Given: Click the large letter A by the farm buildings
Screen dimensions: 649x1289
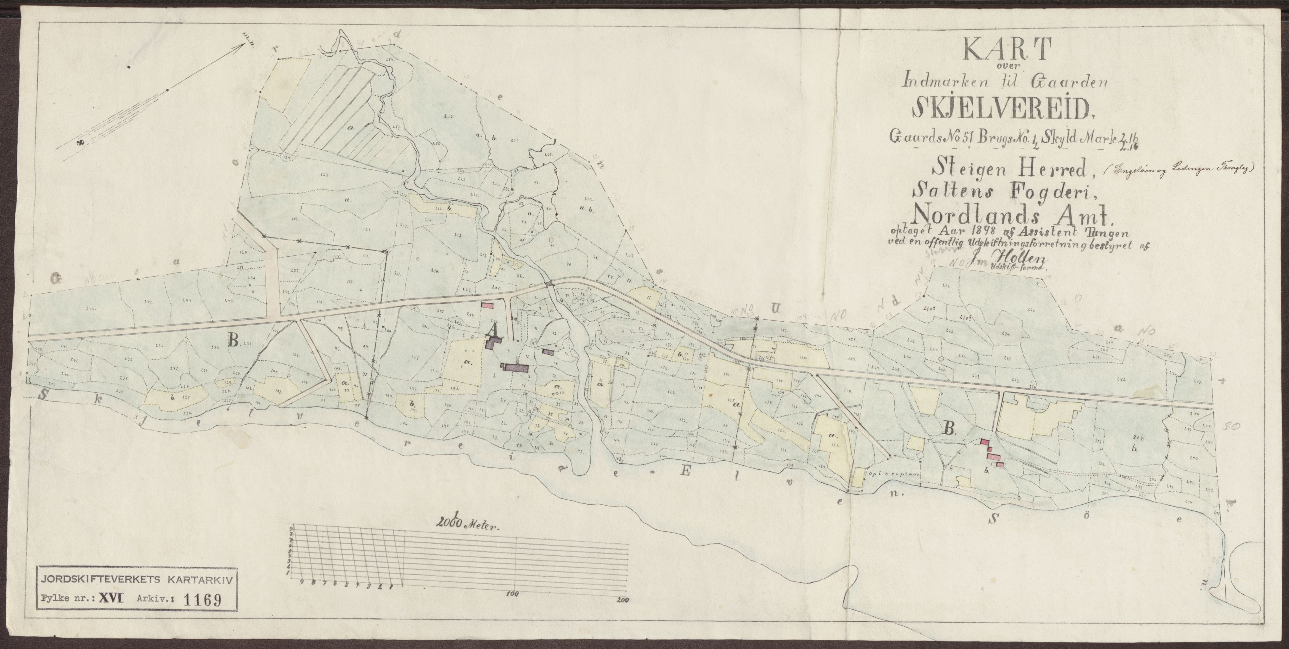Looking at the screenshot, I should (x=493, y=330).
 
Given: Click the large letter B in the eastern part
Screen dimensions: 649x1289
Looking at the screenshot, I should (x=947, y=428).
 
